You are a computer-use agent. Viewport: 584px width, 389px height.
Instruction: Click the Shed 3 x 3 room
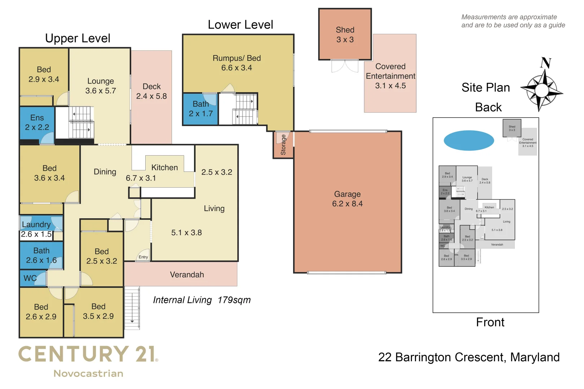[345, 35]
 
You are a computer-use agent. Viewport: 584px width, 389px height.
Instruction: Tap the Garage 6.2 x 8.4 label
[347, 199]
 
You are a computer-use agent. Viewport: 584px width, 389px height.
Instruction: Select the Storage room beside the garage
[283, 145]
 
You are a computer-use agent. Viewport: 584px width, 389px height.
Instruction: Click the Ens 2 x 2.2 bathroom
[37, 122]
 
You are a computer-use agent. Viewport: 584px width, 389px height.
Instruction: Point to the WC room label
[30, 278]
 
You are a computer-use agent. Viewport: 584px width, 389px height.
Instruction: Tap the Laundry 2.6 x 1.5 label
[36, 229]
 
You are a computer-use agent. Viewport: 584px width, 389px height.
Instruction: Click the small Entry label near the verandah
[143, 257]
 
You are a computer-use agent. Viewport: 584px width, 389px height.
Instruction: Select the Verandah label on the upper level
[187, 274]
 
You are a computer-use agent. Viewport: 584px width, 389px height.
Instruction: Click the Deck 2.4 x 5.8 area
[151, 91]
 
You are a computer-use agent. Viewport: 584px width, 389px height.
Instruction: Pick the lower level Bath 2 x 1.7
[200, 109]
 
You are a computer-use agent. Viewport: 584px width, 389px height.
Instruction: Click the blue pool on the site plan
[469, 140]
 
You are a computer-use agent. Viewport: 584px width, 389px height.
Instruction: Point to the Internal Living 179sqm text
[202, 300]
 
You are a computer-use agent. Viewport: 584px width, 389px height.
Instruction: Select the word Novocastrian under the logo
[88, 374]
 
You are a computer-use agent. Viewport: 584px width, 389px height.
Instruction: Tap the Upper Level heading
[78, 38]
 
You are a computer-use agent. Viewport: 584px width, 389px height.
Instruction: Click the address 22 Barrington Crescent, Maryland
[469, 357]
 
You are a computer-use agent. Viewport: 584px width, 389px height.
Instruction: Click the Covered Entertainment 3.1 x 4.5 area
[390, 76]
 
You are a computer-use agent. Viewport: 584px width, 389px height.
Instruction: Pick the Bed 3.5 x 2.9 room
[98, 311]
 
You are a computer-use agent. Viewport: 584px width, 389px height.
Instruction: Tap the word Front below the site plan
[490, 322]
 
